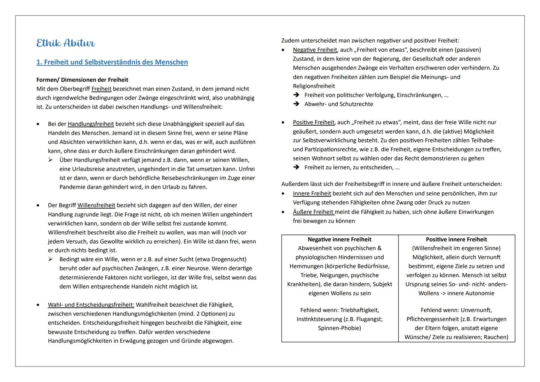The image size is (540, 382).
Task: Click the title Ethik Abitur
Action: point(65,43)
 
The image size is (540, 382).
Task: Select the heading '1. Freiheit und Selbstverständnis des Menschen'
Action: point(112,62)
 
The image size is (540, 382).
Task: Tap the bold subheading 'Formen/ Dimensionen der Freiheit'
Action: point(82,80)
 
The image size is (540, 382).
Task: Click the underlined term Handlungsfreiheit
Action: point(91,124)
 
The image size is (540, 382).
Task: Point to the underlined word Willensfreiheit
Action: point(96,206)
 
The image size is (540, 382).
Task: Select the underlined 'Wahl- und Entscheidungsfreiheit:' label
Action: point(91,305)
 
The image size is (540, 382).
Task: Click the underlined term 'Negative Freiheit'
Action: point(315,50)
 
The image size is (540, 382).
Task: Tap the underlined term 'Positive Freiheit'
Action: point(313,122)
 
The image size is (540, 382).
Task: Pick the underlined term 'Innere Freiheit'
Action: point(312,193)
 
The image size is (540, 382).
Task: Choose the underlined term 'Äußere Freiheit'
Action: point(313,212)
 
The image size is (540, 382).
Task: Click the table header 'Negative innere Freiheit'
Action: point(339,239)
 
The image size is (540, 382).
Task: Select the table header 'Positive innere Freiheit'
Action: point(456,239)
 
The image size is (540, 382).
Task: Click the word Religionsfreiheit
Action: point(314,86)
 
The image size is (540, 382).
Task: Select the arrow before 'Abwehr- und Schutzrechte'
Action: point(296,104)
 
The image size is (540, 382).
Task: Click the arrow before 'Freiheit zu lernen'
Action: point(296,167)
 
